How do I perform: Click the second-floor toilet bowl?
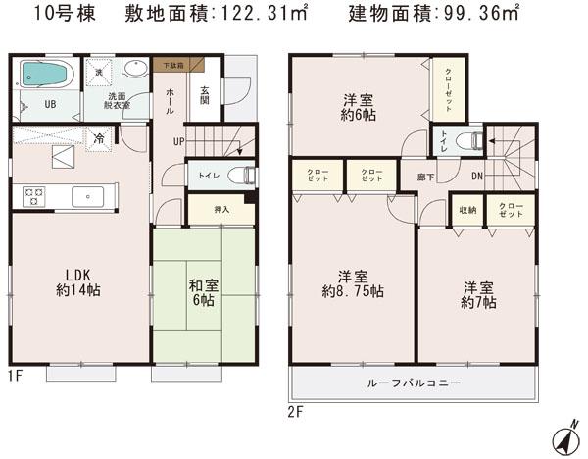pos(474,141)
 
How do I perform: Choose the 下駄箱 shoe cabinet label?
pos(172,65)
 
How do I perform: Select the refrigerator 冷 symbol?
pos(99,140)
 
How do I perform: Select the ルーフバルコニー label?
pos(413,382)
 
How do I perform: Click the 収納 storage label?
pos(467,209)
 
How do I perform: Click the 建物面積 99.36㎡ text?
pos(435,16)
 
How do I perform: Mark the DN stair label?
pos(476,177)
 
